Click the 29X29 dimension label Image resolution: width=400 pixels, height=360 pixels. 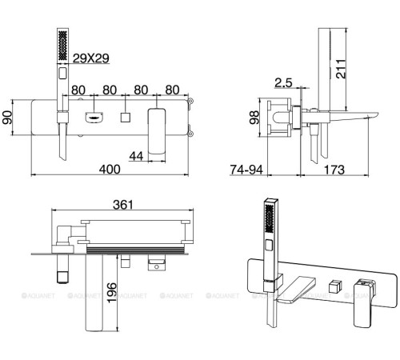tap(91, 58)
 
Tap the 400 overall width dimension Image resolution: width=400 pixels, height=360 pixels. tap(110, 170)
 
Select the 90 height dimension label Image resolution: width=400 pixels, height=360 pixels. tap(7, 118)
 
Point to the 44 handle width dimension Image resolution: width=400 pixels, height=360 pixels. tap(136, 156)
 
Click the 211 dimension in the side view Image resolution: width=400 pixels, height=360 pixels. tap(341, 69)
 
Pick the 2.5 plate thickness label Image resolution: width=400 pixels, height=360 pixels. tap(283, 83)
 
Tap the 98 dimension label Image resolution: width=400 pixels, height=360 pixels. tap(254, 118)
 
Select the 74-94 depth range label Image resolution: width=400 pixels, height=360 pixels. tap(246, 170)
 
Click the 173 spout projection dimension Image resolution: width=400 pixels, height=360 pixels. tap(334, 170)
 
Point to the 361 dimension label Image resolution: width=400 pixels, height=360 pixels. tap(123, 205)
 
